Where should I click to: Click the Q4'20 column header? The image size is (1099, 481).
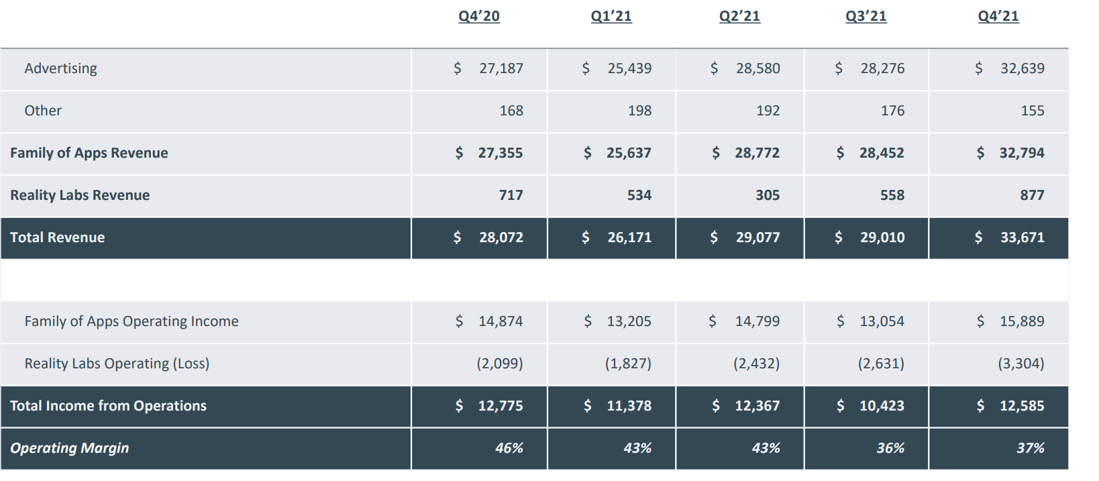(x=479, y=16)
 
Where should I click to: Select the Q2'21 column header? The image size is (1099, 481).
(x=739, y=16)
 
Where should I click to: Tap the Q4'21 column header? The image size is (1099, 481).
(x=998, y=16)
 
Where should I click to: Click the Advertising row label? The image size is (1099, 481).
(x=61, y=68)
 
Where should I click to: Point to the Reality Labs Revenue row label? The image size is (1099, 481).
(x=80, y=195)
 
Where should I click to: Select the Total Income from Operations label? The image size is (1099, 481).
(x=108, y=406)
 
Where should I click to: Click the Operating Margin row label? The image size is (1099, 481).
(x=69, y=448)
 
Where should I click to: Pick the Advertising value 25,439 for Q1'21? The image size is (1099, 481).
(x=629, y=68)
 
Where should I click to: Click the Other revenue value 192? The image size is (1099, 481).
(x=768, y=111)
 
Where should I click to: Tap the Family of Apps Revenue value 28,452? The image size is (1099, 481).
(x=882, y=153)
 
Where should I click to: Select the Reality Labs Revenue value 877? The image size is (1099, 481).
(x=1032, y=195)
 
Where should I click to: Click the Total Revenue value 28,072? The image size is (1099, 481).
(x=501, y=237)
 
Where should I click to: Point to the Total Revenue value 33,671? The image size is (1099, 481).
(x=1022, y=237)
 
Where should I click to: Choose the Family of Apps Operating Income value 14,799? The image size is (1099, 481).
(x=757, y=321)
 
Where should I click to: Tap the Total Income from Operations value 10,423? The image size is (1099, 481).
(x=882, y=406)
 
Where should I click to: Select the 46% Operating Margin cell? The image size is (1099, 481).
(x=509, y=448)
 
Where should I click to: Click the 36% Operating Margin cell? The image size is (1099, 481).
(x=890, y=448)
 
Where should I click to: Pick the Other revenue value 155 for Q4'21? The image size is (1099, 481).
(x=1032, y=111)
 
